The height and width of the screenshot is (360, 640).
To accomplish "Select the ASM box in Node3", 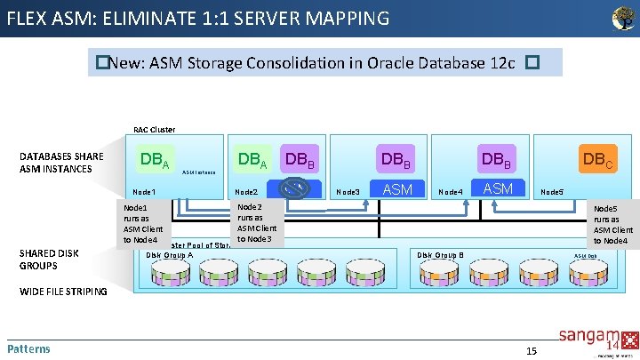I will click(x=396, y=188).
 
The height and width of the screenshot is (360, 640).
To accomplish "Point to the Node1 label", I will click(x=144, y=192).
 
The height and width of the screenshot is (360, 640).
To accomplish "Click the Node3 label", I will click(x=348, y=192).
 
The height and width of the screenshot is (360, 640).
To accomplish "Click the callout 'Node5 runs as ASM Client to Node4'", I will click(x=613, y=224).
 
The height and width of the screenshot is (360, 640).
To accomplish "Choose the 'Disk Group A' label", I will click(x=169, y=254).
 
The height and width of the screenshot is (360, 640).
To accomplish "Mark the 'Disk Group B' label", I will click(x=441, y=254).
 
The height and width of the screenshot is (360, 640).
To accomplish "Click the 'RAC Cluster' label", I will click(x=154, y=129).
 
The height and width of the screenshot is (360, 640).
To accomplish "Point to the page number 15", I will click(x=531, y=350).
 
